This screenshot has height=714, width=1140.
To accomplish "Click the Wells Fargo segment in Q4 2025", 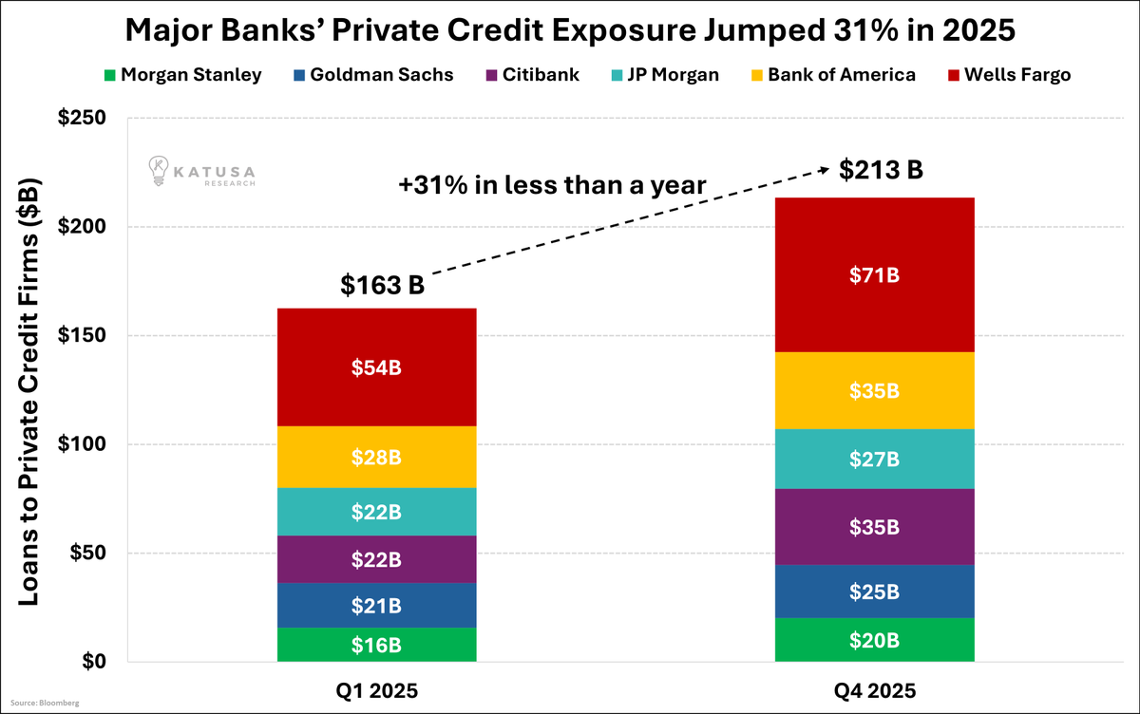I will (x=875, y=275).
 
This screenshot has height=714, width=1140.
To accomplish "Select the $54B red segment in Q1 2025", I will (x=376, y=367).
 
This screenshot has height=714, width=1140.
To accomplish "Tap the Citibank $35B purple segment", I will (x=875, y=527).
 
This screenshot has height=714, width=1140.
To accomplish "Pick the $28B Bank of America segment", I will (x=376, y=458).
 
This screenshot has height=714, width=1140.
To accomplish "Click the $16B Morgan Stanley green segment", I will (x=376, y=645).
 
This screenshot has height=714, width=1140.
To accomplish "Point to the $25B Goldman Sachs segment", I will (x=875, y=592).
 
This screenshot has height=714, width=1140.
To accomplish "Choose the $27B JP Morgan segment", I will (x=875, y=460).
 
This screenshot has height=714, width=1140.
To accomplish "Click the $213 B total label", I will (x=881, y=170).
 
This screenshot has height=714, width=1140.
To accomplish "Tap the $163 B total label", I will (x=382, y=285).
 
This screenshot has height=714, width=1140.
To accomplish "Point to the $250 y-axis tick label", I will (x=88, y=119).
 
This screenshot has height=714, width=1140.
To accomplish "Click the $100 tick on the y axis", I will (x=88, y=444).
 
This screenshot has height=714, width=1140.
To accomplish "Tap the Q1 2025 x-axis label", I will (x=376, y=690).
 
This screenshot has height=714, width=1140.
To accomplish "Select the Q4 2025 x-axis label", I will (x=875, y=690).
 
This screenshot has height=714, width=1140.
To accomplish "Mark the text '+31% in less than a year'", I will (x=552, y=186).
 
